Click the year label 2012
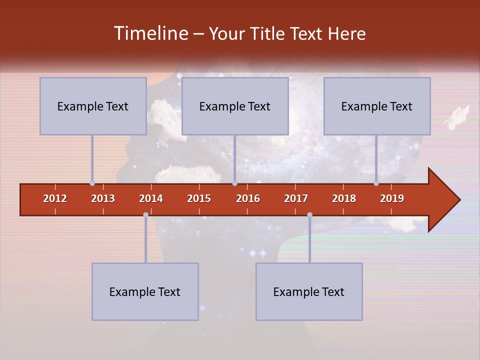(55, 198)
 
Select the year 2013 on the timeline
(103, 198)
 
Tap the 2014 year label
(151, 198)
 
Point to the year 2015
(199, 198)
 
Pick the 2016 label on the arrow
(248, 198)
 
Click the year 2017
(296, 198)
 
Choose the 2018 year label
(344, 198)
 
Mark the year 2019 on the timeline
(392, 198)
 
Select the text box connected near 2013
(93, 106)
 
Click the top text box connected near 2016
(235, 106)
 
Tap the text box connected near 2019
(377, 106)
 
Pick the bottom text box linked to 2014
(145, 291)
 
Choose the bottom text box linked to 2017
(309, 291)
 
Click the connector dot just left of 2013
(92, 183)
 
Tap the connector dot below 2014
(145, 215)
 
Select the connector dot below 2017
(309, 215)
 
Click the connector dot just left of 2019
(376, 183)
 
